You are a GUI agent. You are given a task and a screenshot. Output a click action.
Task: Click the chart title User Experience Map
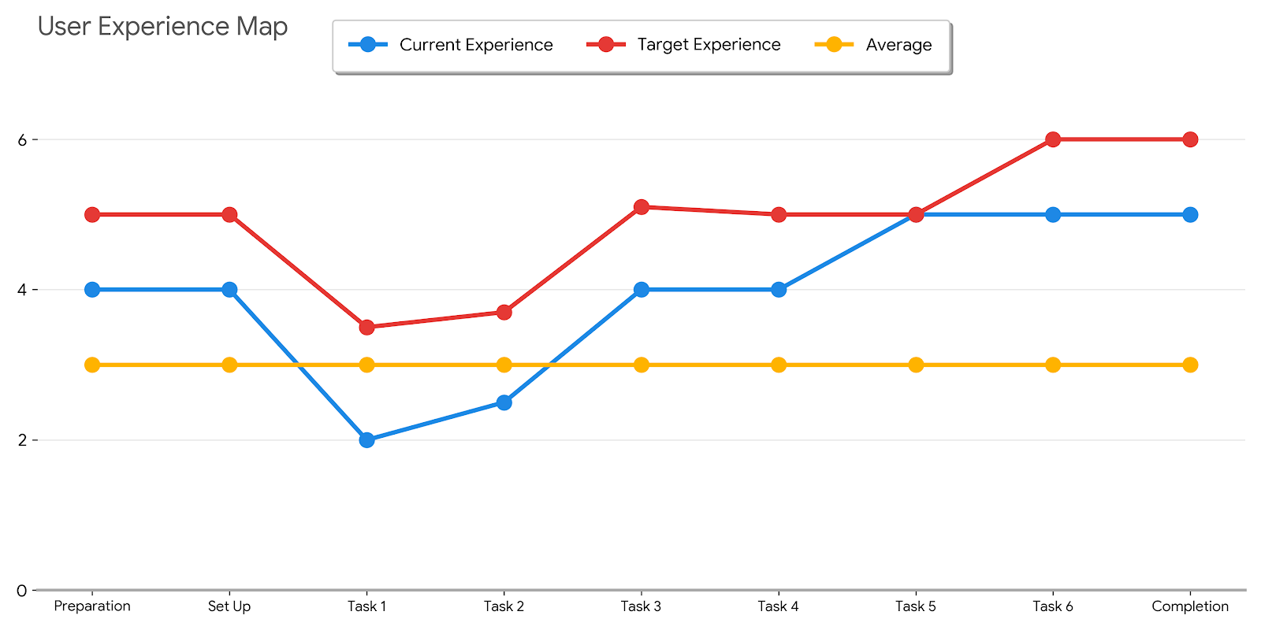[x=162, y=27]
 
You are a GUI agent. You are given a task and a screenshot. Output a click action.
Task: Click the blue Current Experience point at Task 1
[x=366, y=439]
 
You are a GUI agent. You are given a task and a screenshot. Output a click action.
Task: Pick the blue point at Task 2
[x=504, y=402]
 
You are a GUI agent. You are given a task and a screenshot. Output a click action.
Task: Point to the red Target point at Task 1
[x=366, y=327]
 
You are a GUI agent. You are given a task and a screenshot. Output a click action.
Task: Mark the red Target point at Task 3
[x=642, y=207]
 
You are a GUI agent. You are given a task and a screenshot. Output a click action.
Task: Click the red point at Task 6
[x=1053, y=139]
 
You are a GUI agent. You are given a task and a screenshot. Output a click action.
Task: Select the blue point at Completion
[x=1190, y=214]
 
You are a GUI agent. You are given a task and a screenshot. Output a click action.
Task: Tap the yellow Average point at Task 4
[x=779, y=365]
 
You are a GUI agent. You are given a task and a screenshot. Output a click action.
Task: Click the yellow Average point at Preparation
[x=92, y=365]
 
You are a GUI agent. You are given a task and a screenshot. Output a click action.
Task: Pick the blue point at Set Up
[x=229, y=289]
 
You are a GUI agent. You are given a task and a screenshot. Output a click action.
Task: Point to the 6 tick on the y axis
[x=22, y=139]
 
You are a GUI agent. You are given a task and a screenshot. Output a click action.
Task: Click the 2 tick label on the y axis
[x=22, y=439]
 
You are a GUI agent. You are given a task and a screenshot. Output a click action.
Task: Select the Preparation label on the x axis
[x=92, y=606]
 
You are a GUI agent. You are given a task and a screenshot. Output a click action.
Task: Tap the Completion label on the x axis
[x=1190, y=606]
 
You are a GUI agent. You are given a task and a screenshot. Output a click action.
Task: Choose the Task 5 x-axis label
[x=916, y=606]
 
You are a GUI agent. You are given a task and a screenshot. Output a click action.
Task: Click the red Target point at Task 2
[x=504, y=313]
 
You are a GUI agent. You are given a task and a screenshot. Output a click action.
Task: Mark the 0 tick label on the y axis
[x=22, y=591]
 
